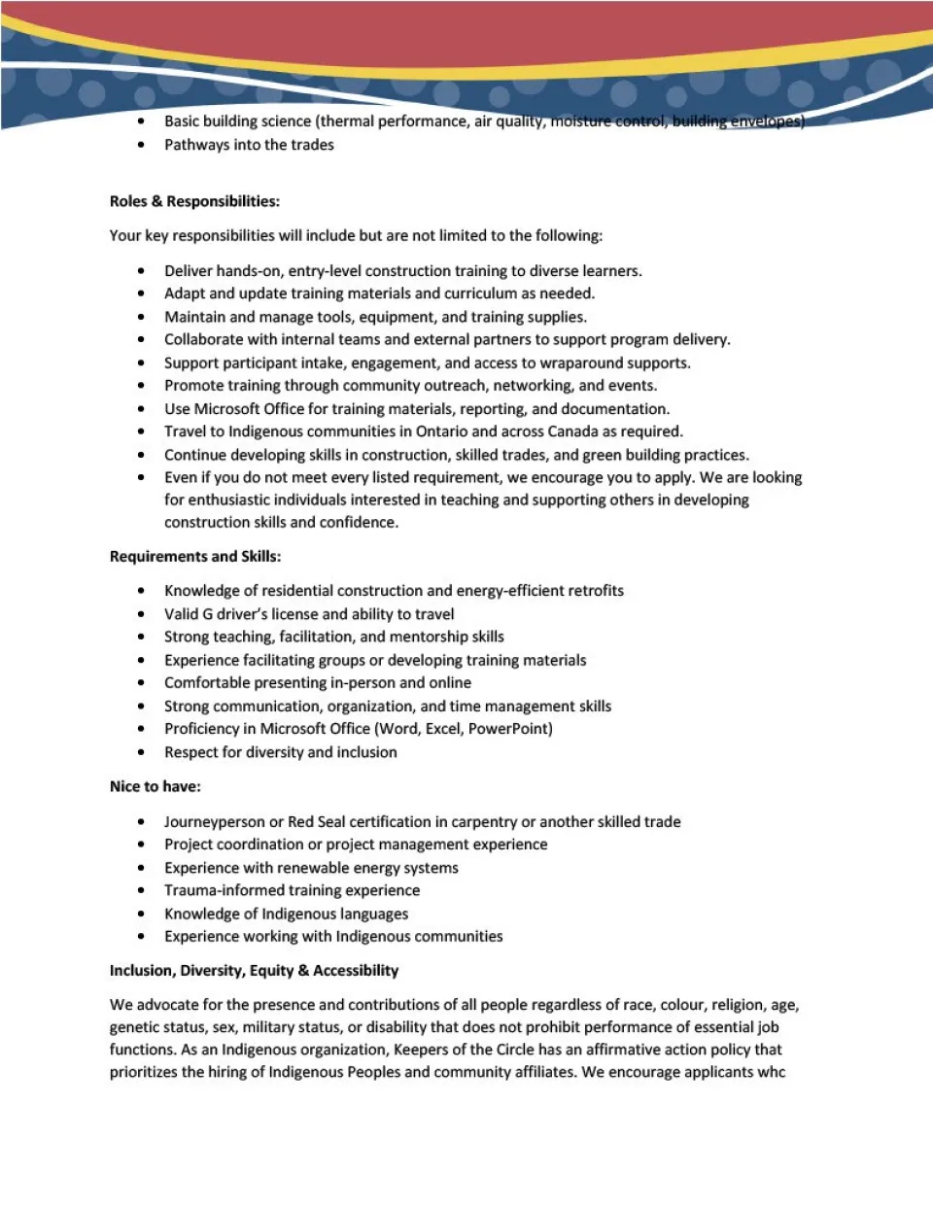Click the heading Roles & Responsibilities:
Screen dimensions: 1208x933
194,201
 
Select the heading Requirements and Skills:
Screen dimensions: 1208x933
195,556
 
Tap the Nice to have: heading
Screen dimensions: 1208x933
155,786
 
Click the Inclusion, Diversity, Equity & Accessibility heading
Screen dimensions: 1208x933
254,970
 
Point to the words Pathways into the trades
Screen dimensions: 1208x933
249,145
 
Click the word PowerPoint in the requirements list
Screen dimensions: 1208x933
509,729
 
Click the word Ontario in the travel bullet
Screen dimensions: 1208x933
441,431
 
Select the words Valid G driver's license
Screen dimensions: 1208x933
241,614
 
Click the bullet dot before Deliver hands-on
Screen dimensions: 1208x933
142,271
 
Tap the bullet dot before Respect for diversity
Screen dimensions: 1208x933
142,752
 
